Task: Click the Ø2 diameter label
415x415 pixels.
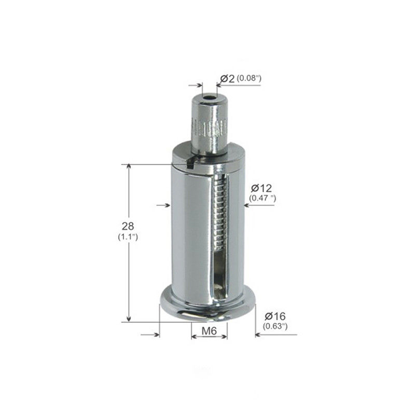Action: click(227, 79)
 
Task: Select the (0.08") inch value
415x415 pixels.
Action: click(249, 78)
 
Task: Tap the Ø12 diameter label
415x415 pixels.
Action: click(261, 188)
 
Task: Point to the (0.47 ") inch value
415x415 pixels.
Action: click(262, 198)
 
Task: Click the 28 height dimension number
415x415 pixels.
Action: click(128, 226)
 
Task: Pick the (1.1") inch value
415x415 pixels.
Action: click(128, 237)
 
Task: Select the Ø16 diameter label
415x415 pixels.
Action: click(275, 316)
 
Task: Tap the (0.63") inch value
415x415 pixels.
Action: click(275, 326)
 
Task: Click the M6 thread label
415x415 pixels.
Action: click(209, 330)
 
